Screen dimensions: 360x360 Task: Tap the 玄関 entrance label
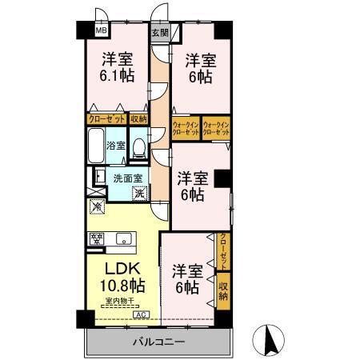159,33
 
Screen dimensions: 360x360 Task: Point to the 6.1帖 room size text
117,77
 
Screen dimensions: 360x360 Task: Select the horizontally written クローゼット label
106,118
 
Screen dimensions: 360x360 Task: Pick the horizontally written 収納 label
138,118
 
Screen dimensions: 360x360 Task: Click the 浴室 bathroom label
116,146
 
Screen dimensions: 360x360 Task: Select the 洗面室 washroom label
126,178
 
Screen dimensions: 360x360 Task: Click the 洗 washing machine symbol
139,192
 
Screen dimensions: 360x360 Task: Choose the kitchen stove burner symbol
98,238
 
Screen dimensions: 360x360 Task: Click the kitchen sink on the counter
124,238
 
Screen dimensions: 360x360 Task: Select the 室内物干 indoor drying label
118,302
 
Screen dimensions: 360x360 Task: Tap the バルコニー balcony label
159,342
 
